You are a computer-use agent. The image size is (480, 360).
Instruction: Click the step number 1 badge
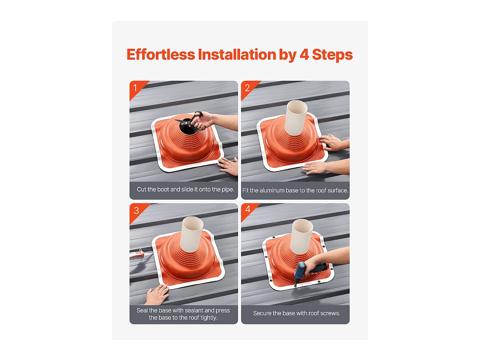tap(135, 88)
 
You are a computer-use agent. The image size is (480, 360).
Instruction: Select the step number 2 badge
tap(247, 88)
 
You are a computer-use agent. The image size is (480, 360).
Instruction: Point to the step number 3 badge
tap(136, 210)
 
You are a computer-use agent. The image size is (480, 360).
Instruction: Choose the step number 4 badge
tap(248, 210)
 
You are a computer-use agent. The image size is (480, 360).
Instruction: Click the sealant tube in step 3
tap(137, 254)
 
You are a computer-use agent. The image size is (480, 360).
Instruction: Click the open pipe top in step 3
tap(193, 223)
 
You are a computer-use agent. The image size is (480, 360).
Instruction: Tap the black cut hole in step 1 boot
tap(186, 129)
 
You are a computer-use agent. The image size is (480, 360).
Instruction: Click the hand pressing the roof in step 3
tap(157, 295)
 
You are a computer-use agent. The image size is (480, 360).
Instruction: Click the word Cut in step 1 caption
tap(142, 189)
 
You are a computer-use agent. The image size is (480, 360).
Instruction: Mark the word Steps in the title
tap(333, 54)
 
